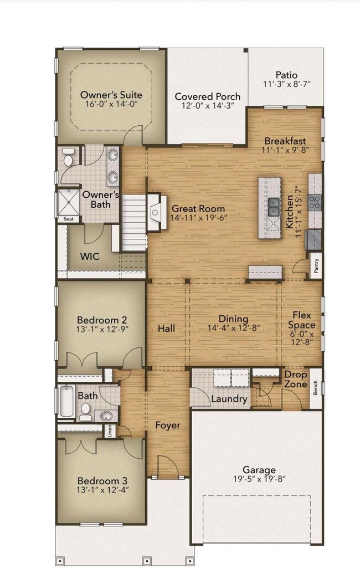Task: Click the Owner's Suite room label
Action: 111,95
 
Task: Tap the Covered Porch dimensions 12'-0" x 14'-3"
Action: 208,106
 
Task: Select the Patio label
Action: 287,75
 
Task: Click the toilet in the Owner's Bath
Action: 68,157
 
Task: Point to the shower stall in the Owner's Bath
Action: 68,202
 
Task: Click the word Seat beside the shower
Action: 69,219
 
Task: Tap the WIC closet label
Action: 90,256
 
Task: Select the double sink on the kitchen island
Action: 274,207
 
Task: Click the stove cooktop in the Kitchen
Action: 314,203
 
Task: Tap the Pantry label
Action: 316,266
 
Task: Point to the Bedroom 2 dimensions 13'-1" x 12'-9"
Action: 102,329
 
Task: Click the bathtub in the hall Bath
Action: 67,401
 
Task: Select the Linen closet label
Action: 110,431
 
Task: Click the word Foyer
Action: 168,426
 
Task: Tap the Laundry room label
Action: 229,399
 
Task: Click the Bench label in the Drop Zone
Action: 316,388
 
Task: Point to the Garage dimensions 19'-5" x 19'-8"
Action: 260,479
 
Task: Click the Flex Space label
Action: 301,320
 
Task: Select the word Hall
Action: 166,329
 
